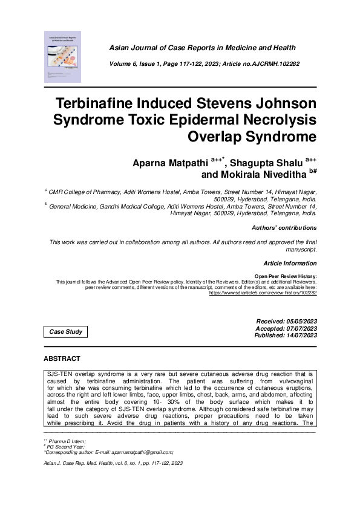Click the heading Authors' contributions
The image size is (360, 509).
pos(284,228)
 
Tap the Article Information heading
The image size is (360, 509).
pos(290,263)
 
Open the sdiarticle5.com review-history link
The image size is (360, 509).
pos(263,293)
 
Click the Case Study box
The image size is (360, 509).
pos(66,332)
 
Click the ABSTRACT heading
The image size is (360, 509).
pos(62,359)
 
